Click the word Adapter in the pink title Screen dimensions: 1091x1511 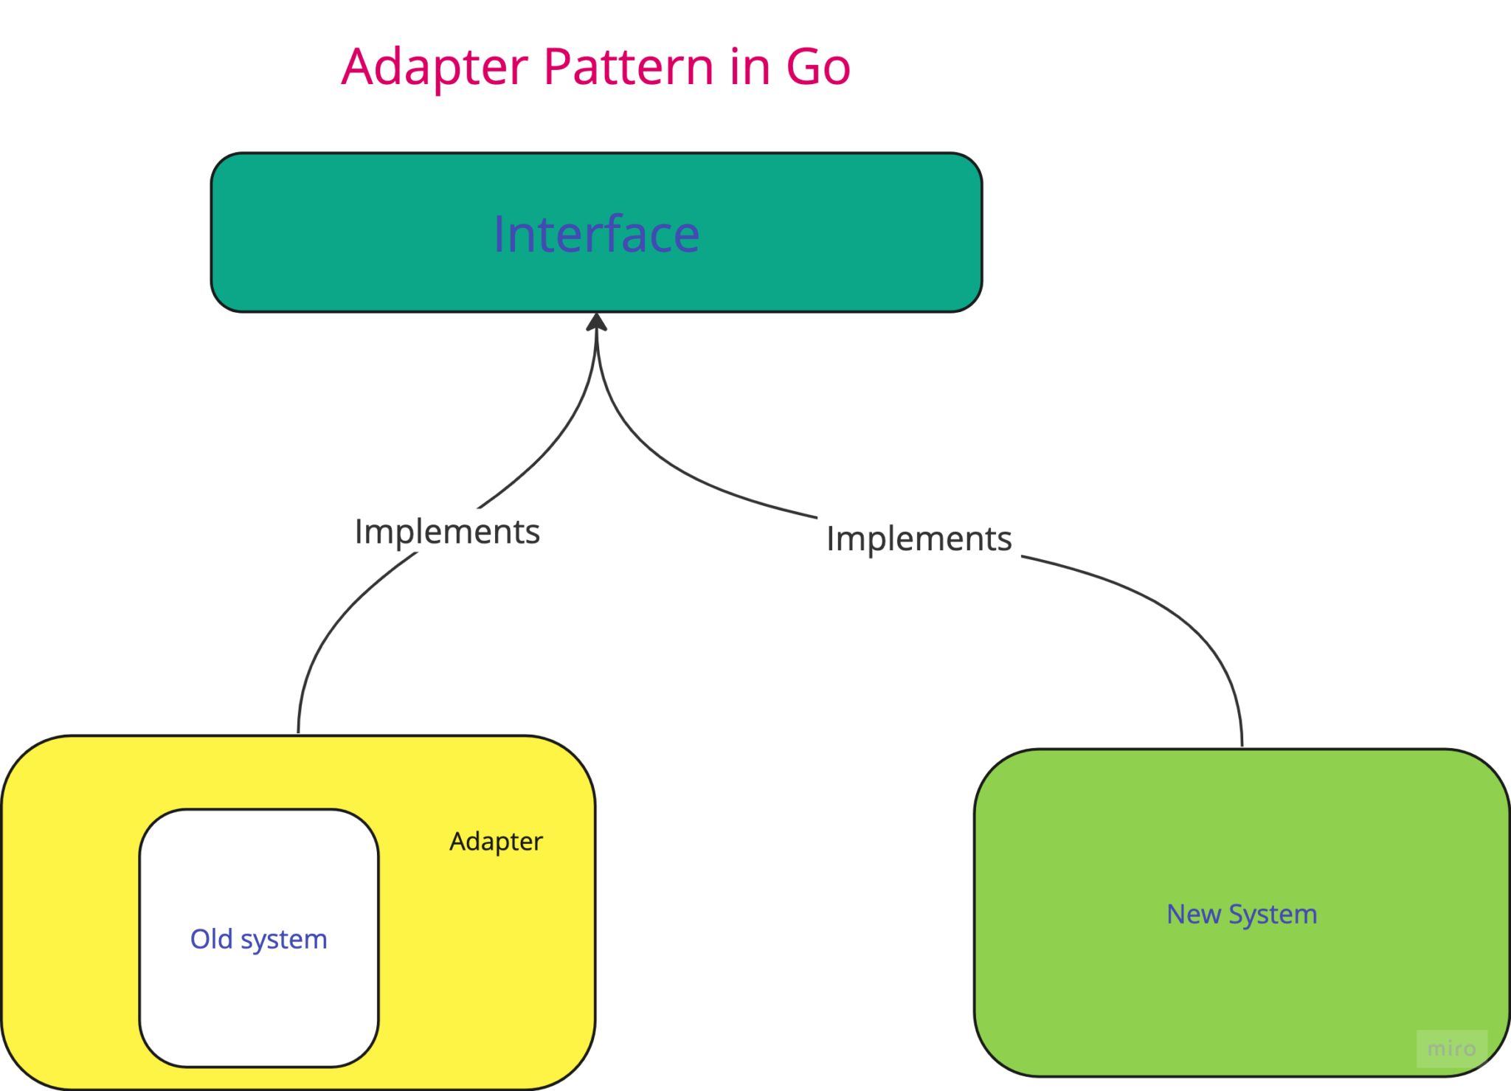[x=435, y=67]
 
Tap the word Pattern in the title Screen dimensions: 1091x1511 [x=628, y=67]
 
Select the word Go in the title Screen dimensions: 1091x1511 [x=817, y=67]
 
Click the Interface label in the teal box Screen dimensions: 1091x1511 [x=596, y=235]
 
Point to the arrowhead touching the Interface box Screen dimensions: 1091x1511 [x=596, y=323]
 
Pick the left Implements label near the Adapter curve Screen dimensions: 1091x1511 [x=447, y=532]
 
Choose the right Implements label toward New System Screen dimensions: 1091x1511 [x=919, y=539]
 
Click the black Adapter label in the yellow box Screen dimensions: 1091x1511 [x=496, y=842]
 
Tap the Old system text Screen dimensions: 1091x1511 [x=258, y=939]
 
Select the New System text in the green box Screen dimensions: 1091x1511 [x=1242, y=915]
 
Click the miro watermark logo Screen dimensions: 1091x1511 [x=1451, y=1048]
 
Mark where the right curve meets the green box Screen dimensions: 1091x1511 [x=1242, y=747]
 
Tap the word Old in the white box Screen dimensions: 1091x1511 [x=212, y=939]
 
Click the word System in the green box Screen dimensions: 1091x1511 [x=1273, y=915]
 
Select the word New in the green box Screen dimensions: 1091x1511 [x=1193, y=915]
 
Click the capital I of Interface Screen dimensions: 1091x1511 [x=499, y=235]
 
